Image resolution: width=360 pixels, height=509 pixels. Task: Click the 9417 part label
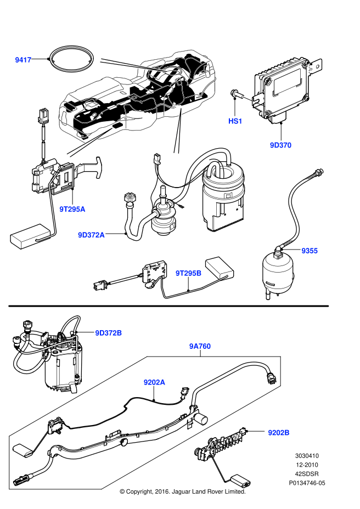pos(23,60)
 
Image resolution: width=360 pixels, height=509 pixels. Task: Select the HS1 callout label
pos(235,121)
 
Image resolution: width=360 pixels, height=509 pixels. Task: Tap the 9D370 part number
pos(280,145)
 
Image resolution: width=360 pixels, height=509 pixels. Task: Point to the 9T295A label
pos(73,209)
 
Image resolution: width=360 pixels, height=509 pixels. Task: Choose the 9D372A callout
pos(91,235)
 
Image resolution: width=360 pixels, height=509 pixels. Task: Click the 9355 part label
pos(310,251)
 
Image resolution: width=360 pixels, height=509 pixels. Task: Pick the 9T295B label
pos(189,273)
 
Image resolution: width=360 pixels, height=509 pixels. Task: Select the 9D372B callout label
pos(108,333)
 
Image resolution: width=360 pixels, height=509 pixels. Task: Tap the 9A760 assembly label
pos(200,346)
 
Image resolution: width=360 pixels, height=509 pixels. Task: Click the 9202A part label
pos(154,382)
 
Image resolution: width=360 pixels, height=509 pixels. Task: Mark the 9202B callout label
pos(279,433)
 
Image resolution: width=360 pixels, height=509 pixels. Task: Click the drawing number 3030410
pos(307,455)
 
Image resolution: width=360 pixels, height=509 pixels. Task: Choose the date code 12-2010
pos(307,465)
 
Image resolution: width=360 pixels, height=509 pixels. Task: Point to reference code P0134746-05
pos(307,483)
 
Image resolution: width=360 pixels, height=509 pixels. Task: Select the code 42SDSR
pos(307,474)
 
